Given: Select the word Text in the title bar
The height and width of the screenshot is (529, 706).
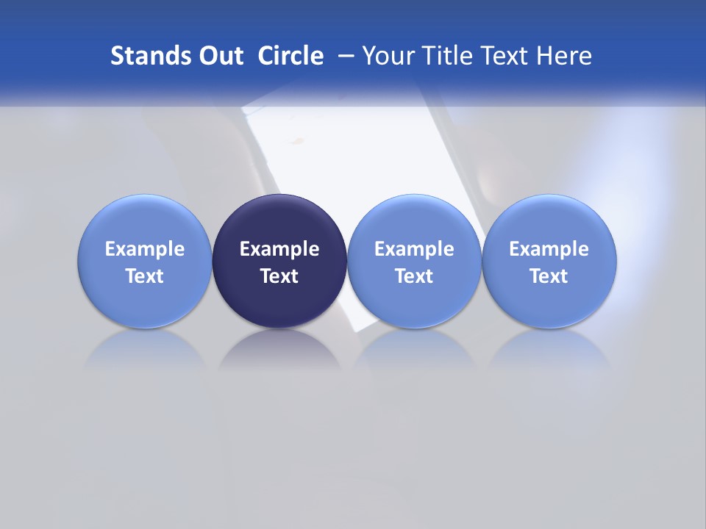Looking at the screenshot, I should pyautogui.click(x=504, y=56).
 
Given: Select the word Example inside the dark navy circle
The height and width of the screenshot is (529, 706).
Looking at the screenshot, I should pyautogui.click(x=279, y=249).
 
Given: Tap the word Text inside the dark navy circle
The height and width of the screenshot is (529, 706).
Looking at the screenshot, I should pyautogui.click(x=279, y=276).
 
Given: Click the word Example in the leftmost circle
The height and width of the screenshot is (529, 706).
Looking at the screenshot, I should pyautogui.click(x=144, y=249).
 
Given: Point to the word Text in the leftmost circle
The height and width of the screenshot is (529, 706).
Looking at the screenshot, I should pyautogui.click(x=144, y=276).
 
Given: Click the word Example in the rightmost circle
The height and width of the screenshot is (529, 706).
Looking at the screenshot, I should pyautogui.click(x=549, y=249).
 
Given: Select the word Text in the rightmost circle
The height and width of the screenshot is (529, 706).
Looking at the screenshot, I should pyautogui.click(x=549, y=276).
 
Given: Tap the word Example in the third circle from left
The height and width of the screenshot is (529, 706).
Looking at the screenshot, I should pyautogui.click(x=414, y=249).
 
